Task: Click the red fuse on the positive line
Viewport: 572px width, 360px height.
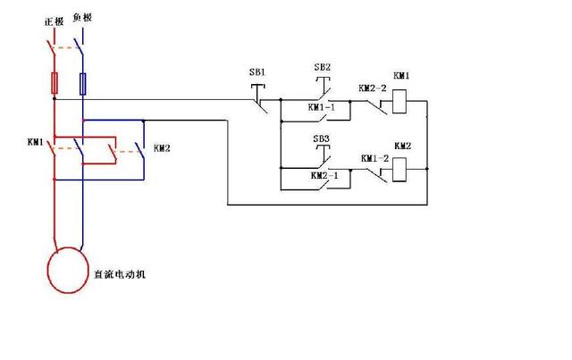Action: click(55, 83)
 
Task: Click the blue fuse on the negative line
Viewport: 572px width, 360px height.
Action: click(83, 84)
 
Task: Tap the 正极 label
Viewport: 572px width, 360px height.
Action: click(54, 21)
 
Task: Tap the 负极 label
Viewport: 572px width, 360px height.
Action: click(82, 17)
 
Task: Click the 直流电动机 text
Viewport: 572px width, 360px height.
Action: click(120, 274)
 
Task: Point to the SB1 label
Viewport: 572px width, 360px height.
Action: click(257, 72)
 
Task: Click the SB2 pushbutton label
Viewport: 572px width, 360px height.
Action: click(322, 67)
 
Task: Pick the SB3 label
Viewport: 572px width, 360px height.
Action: click(322, 138)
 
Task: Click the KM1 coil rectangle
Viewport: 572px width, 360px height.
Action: click(400, 102)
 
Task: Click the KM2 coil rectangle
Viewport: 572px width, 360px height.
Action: click(400, 170)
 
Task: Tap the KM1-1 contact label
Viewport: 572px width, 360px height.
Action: click(322, 107)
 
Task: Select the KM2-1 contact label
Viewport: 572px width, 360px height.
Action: click(324, 175)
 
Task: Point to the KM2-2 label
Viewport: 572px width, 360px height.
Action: click(372, 88)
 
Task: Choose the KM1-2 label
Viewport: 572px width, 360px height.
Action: click(375, 159)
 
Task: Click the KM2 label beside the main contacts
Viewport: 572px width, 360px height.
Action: click(162, 148)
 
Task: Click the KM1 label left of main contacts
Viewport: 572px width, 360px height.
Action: click(36, 142)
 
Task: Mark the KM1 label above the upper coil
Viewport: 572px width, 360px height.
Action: click(401, 76)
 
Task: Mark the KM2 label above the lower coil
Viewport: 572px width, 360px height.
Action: click(402, 146)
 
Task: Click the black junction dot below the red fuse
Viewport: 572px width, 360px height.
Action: click(55, 98)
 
